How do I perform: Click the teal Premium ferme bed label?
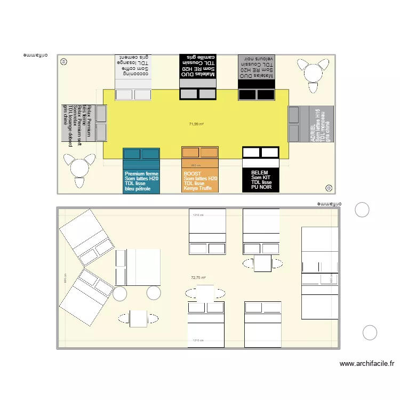click(141, 181)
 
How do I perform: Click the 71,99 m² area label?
click(196, 124)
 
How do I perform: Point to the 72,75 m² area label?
click(198, 278)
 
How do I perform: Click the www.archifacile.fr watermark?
click(367, 364)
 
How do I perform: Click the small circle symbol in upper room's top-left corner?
click(64, 61)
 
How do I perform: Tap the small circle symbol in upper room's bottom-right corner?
click(329, 188)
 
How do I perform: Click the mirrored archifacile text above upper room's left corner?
click(36, 55)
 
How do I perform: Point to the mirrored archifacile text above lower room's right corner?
click(330, 203)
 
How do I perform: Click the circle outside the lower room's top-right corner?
click(362, 210)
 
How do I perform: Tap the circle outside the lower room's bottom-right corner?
click(370, 333)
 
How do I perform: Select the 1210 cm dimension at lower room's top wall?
click(198, 215)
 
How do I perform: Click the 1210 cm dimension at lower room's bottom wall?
click(198, 340)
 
